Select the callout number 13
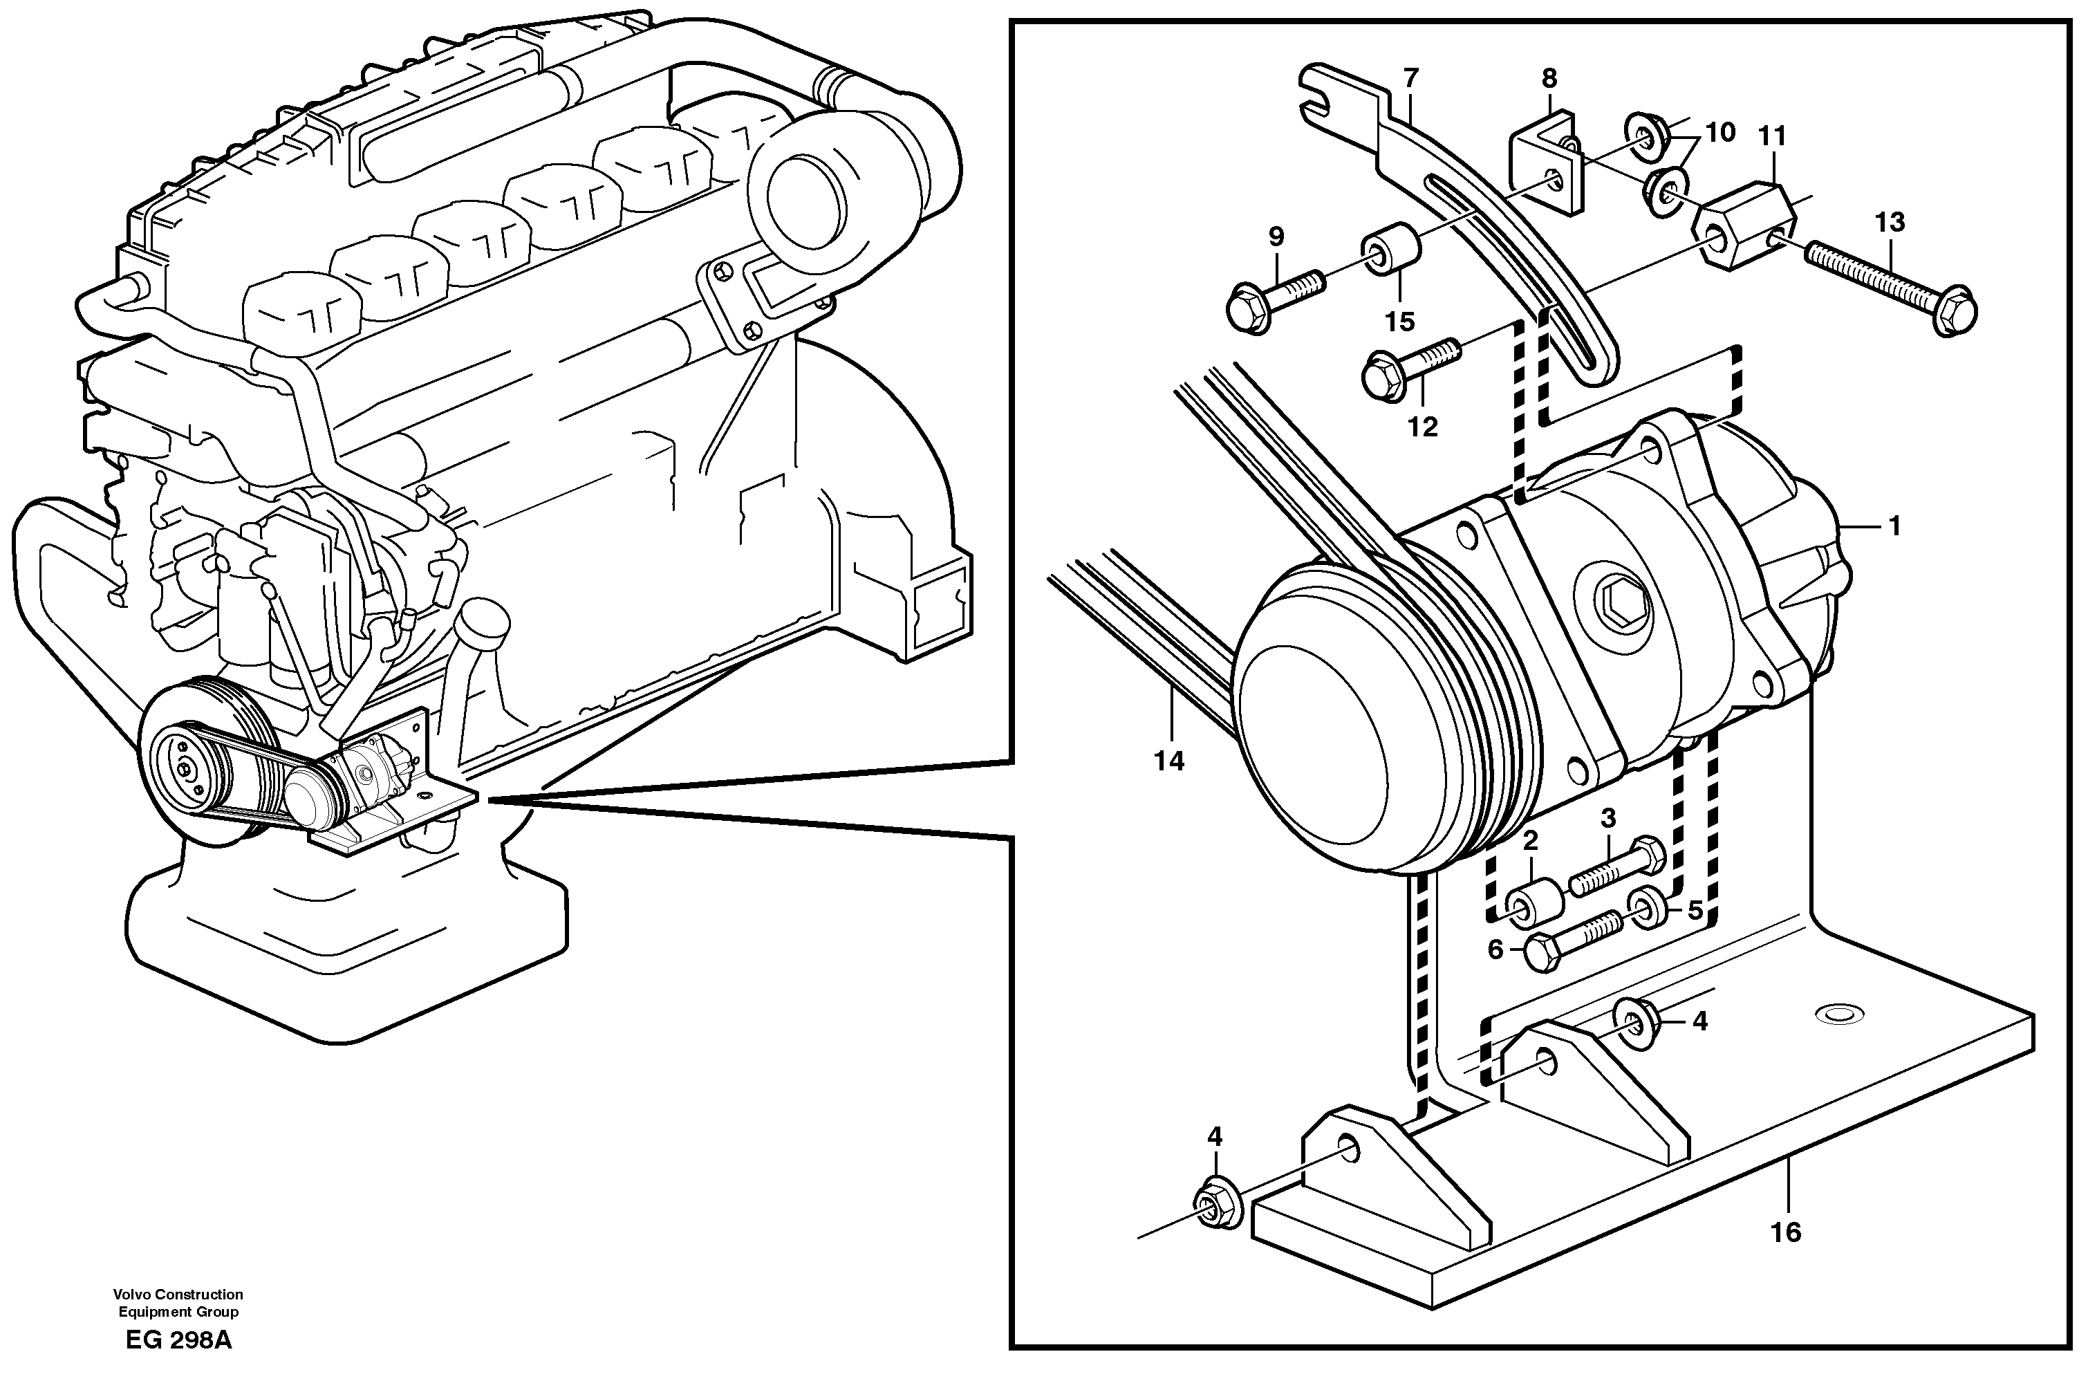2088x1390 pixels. [1890, 223]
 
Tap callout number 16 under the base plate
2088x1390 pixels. [1787, 1232]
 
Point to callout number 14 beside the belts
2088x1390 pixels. [1169, 760]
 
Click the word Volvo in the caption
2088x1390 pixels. [132, 1295]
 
